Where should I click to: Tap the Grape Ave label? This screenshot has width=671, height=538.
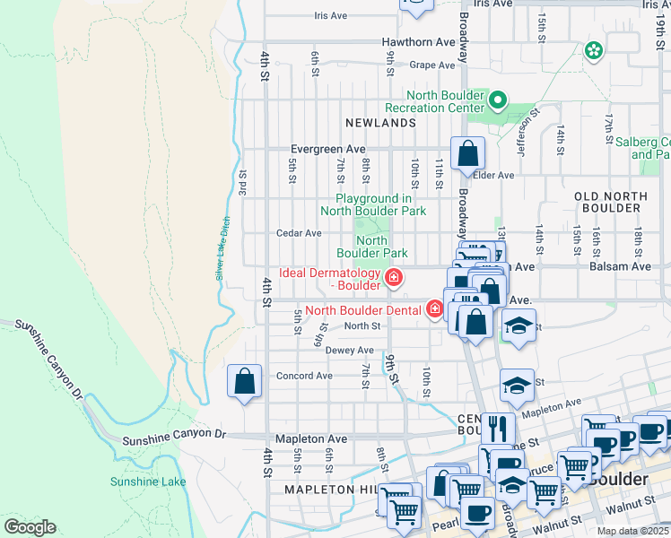(432, 65)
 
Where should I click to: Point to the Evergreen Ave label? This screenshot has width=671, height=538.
(328, 149)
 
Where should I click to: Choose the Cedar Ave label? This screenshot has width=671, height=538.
(299, 233)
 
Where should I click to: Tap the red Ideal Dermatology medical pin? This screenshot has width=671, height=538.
(392, 278)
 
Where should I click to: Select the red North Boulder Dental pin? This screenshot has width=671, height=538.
(435, 310)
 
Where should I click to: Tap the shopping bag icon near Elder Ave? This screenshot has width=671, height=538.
(467, 154)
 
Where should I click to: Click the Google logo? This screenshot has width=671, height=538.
(29, 527)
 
